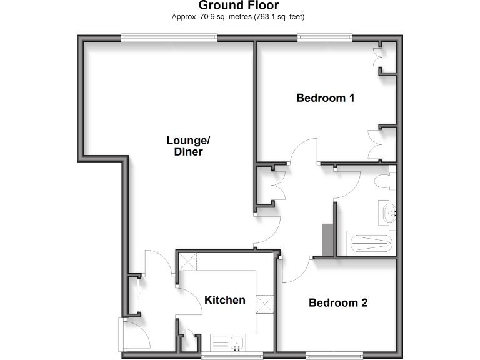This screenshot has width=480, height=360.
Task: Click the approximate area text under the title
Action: pos(242,17)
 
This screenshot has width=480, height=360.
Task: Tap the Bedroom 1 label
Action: pos(326,97)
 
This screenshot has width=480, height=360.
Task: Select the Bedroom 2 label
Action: pos(338,303)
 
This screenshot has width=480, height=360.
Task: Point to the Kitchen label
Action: pos(225,300)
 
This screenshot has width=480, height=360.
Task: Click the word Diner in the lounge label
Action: pos(188,151)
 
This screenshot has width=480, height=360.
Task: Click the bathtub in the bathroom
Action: pos(371,243)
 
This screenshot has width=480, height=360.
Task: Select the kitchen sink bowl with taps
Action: pos(237,342)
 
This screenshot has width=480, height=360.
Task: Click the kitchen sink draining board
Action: pos(221,342)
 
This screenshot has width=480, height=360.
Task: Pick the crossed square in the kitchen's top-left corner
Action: pos(187,261)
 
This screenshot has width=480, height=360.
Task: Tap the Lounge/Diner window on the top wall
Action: pos(169,38)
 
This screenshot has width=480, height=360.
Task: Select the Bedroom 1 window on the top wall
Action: pos(324,38)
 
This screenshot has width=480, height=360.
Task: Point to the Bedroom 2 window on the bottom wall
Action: pos(334,355)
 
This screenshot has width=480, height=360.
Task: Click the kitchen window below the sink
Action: pos(232,355)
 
